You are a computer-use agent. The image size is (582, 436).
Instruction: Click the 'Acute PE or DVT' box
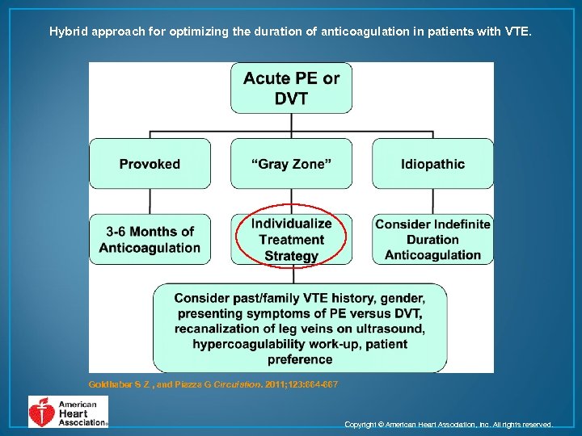pyautogui.click(x=291, y=88)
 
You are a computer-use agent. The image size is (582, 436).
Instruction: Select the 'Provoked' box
pyautogui.click(x=150, y=164)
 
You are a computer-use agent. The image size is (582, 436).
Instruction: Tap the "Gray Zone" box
pyautogui.click(x=291, y=164)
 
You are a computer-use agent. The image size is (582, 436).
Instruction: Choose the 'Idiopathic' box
pyautogui.click(x=432, y=164)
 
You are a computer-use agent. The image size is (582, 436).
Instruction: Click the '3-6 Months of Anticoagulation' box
pyautogui.click(x=150, y=240)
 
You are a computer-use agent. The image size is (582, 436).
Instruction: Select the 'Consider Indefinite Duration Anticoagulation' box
pyautogui.click(x=432, y=240)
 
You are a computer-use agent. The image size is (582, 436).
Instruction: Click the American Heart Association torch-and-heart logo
pyautogui.click(x=41, y=412)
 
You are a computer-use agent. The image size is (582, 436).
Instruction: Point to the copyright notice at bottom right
pyautogui.click(x=449, y=424)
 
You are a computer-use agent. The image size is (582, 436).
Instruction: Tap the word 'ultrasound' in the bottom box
pyautogui.click(x=391, y=329)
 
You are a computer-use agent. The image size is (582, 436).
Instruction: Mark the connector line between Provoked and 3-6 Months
pyautogui.click(x=150, y=202)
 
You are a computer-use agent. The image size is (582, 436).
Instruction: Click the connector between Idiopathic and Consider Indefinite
pyautogui.click(x=432, y=202)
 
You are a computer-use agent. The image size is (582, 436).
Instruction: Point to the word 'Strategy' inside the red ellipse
pyautogui.click(x=291, y=256)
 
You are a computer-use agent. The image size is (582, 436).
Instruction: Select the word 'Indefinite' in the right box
pyautogui.click(x=458, y=224)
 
